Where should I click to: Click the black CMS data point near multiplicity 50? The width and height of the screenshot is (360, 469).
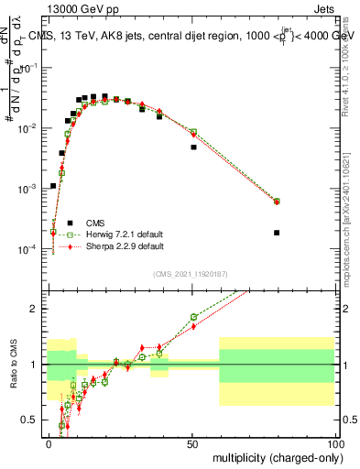[193, 147]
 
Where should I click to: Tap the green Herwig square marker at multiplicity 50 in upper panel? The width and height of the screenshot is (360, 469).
[193, 132]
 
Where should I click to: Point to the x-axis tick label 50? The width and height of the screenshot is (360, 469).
[192, 442]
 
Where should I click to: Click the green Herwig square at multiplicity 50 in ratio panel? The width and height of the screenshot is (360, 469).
[193, 317]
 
